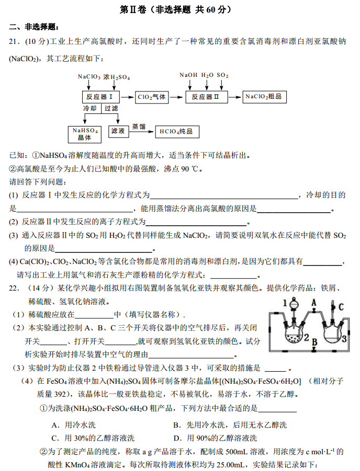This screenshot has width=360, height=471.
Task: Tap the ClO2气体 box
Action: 152,97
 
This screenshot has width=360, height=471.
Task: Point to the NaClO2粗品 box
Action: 264,97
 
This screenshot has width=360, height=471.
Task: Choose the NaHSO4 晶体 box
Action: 85,134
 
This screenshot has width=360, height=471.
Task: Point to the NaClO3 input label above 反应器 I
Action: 89,77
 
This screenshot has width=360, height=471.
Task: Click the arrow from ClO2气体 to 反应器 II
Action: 178,97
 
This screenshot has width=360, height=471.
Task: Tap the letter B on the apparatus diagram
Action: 314,342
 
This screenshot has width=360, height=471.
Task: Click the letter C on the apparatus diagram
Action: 341,306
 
